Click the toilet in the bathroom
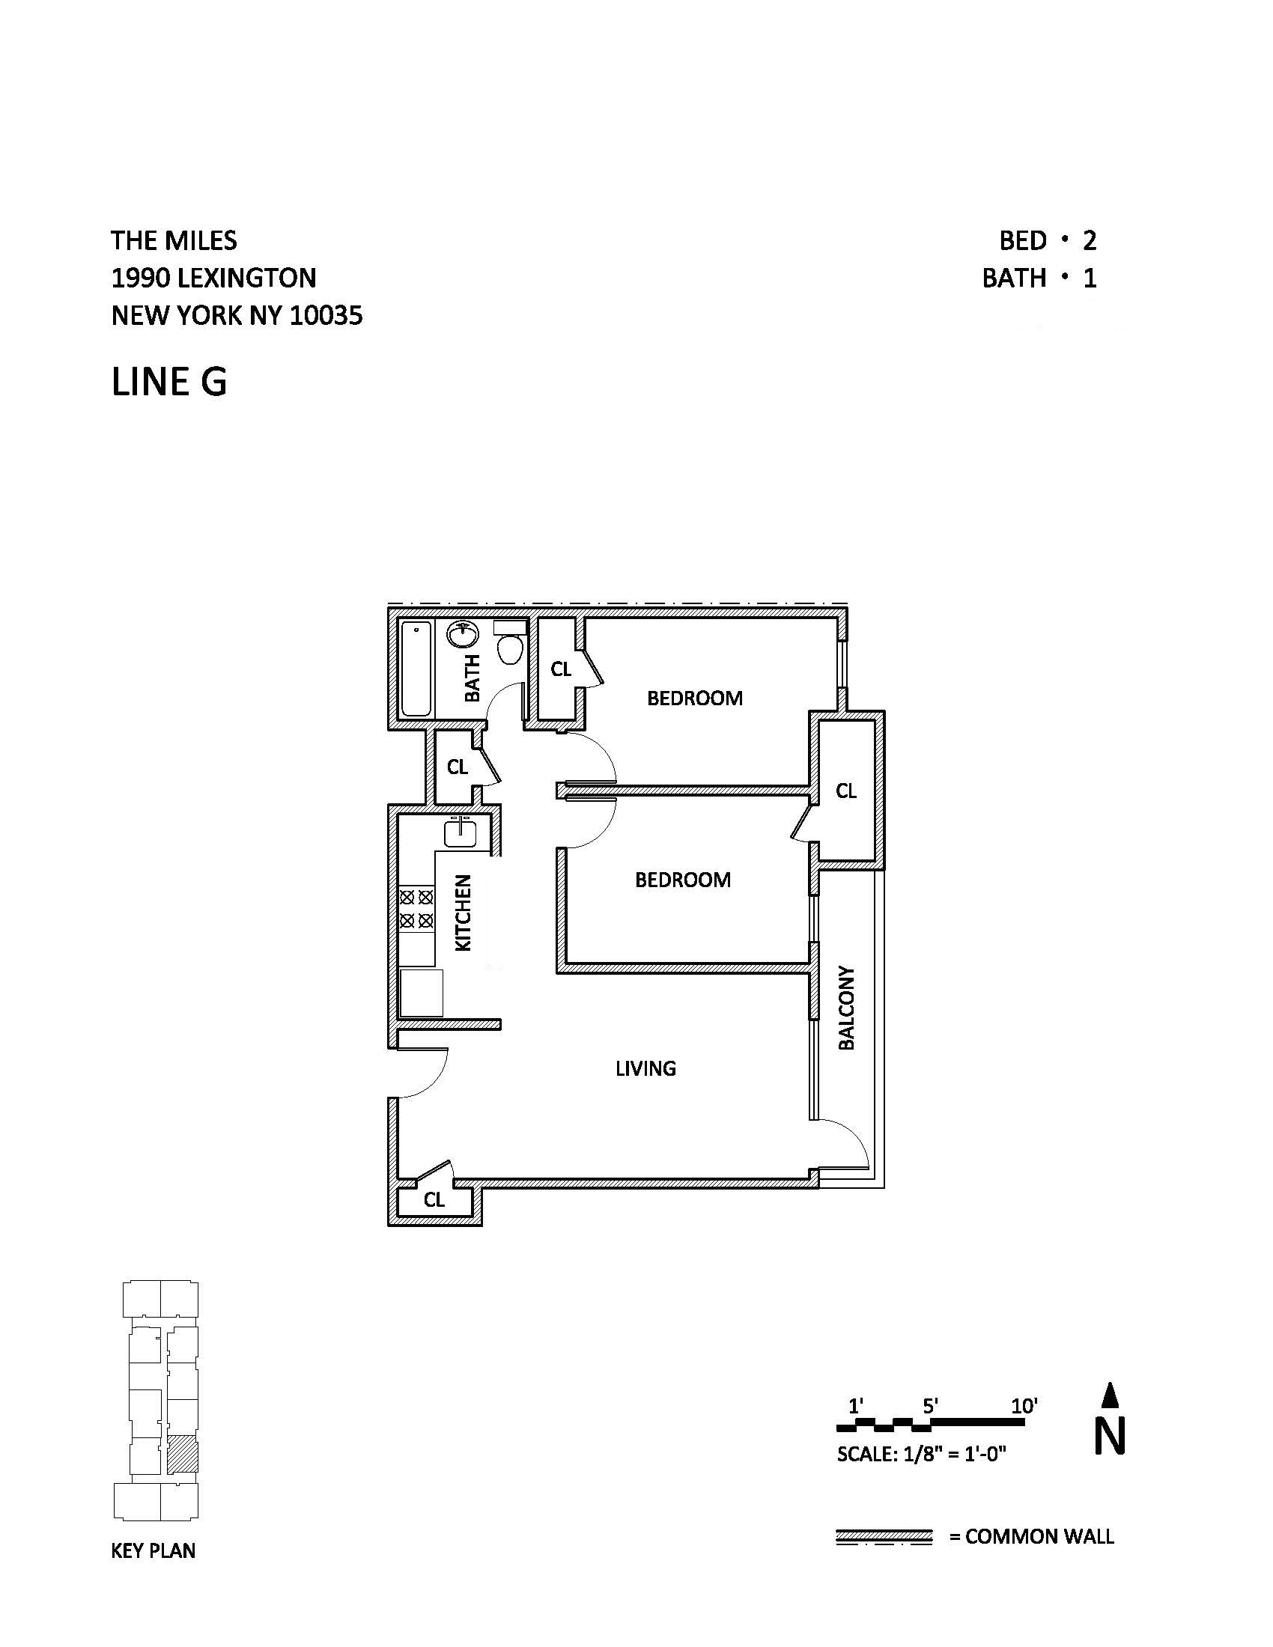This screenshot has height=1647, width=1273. tap(511, 643)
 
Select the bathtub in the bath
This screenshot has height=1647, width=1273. tap(416, 668)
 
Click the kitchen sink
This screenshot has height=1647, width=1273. tap(460, 832)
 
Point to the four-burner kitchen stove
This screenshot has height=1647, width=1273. tap(416, 909)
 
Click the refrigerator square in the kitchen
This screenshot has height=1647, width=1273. tap(421, 993)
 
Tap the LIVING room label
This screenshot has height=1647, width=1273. tap(645, 1068)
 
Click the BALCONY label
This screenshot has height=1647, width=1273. tap(846, 1008)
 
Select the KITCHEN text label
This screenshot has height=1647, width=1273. tap(463, 913)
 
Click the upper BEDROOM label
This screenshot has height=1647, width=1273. tap(695, 698)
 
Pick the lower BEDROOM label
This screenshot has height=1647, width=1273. tap(682, 880)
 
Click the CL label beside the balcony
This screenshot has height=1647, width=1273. tap(846, 791)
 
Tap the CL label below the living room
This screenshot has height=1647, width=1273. tap(434, 1200)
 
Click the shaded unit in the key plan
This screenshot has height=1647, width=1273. tap(182, 1455)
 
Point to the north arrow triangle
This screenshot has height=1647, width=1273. tap(1109, 1395)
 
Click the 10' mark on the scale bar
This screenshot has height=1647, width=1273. tap(1024, 1406)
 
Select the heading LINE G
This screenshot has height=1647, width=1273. tap(169, 382)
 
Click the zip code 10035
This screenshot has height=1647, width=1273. tap(326, 315)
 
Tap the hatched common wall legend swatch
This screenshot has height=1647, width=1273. tap(884, 1536)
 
